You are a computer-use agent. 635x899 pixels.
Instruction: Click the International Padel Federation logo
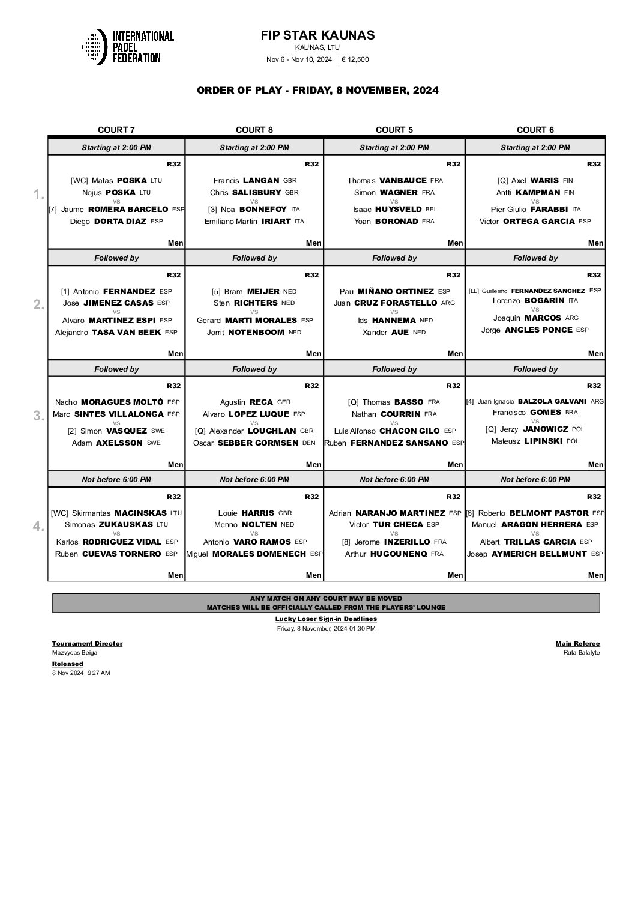[128, 47]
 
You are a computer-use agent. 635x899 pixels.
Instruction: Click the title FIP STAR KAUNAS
[317, 35]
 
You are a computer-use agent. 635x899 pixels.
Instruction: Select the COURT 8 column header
[254, 130]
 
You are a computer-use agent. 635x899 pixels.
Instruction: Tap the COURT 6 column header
[535, 130]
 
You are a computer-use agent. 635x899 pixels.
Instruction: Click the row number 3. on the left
[39, 416]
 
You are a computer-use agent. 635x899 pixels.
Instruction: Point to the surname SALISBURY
[262, 193]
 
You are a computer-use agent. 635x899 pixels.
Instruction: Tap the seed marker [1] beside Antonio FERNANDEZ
[65, 291]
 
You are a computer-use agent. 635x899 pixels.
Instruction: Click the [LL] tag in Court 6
[474, 291]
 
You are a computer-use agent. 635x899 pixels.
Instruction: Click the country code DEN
[309, 443]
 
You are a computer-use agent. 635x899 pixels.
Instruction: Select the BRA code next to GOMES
[571, 413]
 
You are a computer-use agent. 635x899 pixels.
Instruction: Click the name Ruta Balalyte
[581, 653]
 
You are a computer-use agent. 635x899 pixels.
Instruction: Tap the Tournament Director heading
[87, 643]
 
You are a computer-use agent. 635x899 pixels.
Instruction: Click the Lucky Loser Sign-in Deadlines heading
[326, 619]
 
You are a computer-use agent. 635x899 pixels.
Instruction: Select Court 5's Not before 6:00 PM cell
[394, 480]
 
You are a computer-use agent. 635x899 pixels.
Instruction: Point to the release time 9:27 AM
[99, 673]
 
